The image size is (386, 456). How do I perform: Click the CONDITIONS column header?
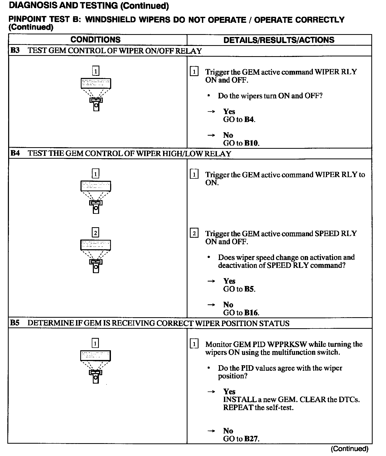click(x=95, y=40)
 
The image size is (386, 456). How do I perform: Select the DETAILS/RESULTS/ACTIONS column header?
click(x=279, y=40)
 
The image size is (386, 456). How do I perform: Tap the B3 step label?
click(x=15, y=50)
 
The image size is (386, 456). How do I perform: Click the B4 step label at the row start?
click(x=15, y=153)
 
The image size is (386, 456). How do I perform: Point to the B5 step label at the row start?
click(x=15, y=323)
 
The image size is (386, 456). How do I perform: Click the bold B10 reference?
click(x=251, y=143)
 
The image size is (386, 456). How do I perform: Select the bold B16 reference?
click(x=251, y=313)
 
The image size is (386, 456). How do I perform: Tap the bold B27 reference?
click(x=251, y=439)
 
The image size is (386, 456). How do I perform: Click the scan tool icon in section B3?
click(x=96, y=94)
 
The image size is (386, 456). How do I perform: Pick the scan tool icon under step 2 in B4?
click(x=96, y=256)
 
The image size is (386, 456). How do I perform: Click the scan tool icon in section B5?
click(x=95, y=367)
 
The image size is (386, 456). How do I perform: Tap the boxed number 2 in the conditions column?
click(x=95, y=233)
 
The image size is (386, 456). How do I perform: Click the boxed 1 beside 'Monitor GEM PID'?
click(x=194, y=344)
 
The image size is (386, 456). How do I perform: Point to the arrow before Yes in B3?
click(x=211, y=112)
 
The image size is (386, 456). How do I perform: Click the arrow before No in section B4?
click(x=211, y=305)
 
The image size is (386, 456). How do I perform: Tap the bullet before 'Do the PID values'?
click(x=208, y=368)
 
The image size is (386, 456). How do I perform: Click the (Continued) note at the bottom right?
click(x=349, y=449)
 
